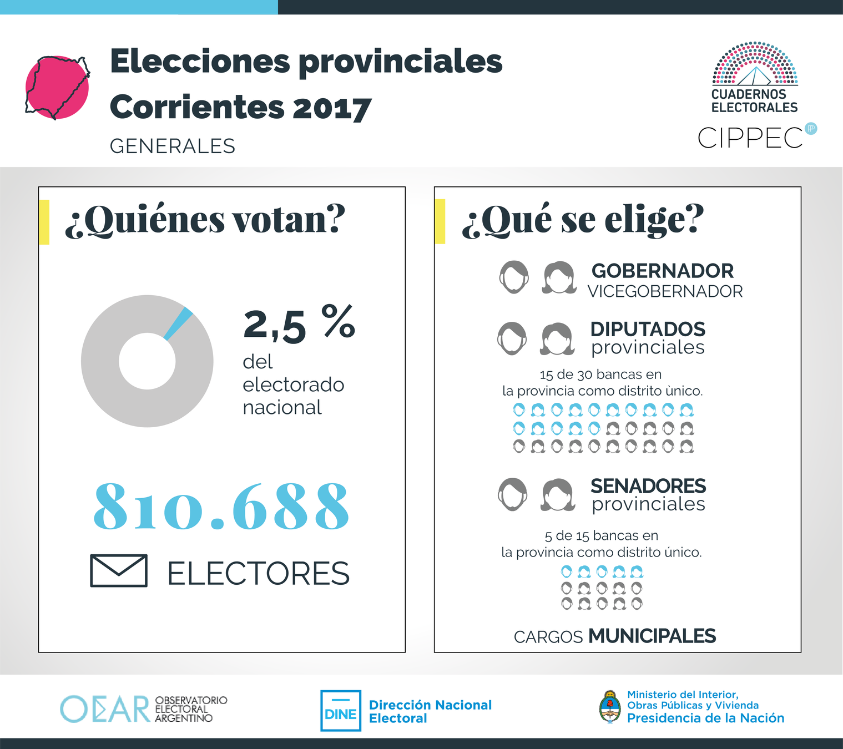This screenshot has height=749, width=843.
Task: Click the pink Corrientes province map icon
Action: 57,87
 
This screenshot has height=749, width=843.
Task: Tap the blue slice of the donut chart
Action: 179,323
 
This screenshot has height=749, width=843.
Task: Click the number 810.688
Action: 221,507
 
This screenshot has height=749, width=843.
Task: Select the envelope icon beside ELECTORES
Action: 119,570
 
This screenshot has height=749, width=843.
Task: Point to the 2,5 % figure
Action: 299,324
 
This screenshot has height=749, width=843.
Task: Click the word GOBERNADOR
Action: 663,271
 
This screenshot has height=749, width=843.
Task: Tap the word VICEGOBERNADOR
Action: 665,291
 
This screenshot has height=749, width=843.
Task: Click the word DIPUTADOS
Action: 648,329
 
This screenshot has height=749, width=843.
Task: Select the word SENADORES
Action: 648,486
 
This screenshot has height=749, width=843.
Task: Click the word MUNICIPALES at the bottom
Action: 652,636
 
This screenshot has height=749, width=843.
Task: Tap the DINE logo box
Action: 341,711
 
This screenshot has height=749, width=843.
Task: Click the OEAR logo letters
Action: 105,709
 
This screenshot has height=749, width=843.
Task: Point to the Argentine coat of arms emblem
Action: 610,707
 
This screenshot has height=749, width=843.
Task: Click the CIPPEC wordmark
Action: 750,138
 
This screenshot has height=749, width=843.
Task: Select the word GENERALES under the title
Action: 173,146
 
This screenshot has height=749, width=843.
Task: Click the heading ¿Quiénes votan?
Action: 205,220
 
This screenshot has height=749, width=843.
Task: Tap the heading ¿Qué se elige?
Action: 583,220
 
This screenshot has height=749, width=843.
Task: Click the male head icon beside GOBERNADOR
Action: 514,277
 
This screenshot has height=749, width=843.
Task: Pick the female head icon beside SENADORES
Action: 558,494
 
